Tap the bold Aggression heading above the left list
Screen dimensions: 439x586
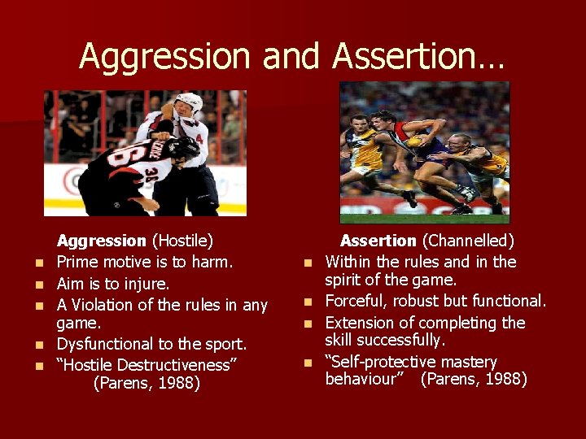(x=101, y=241)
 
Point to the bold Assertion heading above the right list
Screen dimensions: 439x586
(x=378, y=241)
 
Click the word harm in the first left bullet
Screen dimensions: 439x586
(x=213, y=262)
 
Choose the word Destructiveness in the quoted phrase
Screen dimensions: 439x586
(x=180, y=364)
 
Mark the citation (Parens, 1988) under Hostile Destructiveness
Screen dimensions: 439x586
(x=146, y=383)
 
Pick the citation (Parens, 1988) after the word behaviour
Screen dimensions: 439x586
(x=474, y=379)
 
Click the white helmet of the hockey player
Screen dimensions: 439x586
(x=189, y=103)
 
